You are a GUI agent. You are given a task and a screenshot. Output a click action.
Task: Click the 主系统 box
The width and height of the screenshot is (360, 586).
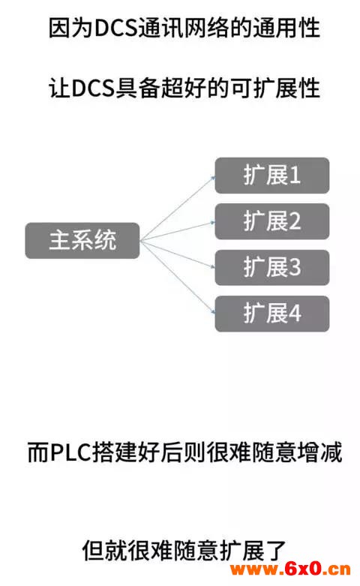click(82, 241)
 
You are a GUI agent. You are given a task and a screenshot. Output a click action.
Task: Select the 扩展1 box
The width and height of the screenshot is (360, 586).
click(271, 176)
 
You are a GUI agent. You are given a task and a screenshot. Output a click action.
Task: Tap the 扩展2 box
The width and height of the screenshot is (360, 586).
click(271, 221)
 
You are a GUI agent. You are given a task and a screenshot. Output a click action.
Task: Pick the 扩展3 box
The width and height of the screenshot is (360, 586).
click(271, 268)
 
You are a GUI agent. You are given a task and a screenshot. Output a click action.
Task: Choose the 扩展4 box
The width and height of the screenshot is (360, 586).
click(271, 314)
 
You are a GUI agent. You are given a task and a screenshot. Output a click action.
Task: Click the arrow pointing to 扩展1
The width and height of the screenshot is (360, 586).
click(178, 208)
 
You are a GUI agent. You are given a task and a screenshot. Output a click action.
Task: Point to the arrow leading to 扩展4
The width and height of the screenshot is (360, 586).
click(178, 277)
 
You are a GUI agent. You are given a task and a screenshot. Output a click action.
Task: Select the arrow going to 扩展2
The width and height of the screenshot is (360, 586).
click(178, 231)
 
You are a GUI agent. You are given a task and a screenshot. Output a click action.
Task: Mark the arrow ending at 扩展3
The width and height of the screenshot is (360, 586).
click(178, 254)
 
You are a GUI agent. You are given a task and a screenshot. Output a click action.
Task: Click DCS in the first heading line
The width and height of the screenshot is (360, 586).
click(115, 28)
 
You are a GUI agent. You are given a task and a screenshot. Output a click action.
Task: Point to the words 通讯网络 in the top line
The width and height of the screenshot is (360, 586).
click(183, 28)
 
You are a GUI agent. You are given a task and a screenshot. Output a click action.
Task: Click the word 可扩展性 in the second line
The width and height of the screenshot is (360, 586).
click(275, 89)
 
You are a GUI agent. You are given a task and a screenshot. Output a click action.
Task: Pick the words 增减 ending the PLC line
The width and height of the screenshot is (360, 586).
click(319, 452)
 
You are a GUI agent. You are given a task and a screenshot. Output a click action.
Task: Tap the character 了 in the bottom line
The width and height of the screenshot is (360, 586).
click(274, 550)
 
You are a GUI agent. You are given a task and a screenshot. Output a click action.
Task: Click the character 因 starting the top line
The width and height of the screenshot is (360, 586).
click(60, 28)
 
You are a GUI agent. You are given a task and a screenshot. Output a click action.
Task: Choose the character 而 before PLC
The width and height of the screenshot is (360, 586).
click(38, 452)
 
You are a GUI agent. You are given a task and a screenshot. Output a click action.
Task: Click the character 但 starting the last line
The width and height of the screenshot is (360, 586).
click(93, 551)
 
